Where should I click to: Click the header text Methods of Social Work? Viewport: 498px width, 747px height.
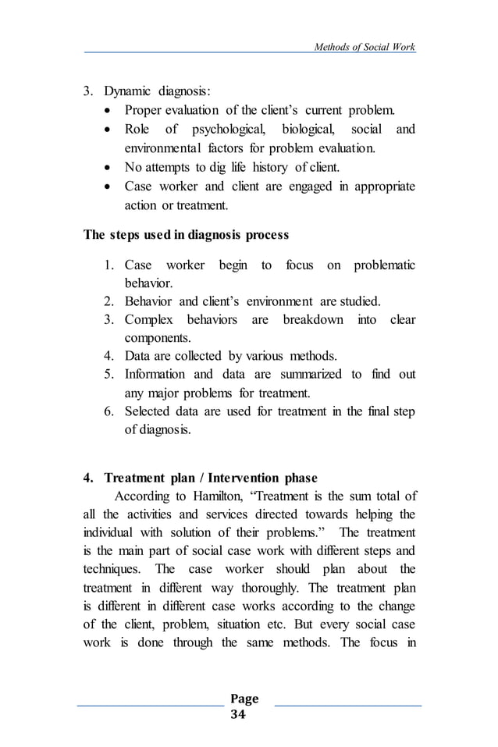click(364, 47)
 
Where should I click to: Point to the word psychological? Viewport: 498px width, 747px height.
click(226, 128)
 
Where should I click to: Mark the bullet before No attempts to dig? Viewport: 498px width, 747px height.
click(108, 167)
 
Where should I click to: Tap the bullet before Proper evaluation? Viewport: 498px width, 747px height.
click(108, 108)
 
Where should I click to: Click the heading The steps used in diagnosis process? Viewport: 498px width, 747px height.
click(186, 235)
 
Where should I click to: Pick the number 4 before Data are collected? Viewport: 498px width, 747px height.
click(109, 356)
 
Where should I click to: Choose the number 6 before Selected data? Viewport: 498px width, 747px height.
click(109, 411)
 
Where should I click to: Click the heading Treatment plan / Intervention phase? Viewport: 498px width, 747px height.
click(217, 478)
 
